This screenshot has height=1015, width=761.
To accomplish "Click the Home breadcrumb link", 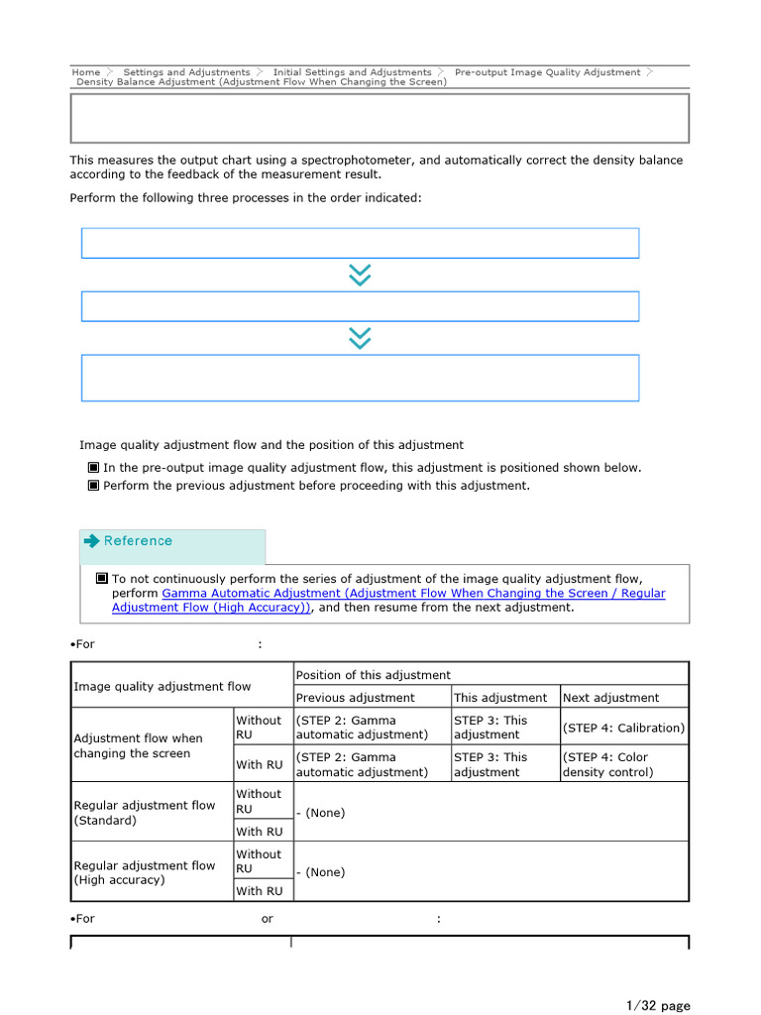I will tap(86, 72).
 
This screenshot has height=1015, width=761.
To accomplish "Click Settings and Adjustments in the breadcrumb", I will tap(186, 72).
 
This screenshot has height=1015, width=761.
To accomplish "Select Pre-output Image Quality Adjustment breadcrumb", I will tap(547, 72).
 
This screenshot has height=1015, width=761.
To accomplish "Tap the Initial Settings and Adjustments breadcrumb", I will tap(352, 72).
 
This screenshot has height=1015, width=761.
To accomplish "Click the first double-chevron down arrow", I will tap(360, 275).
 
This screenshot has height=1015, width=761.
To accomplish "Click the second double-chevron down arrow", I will tap(360, 338).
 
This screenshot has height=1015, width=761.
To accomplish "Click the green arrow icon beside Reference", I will tap(92, 541).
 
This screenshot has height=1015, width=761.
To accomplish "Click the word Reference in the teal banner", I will tap(138, 541).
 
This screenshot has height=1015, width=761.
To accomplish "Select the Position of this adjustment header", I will tap(373, 675).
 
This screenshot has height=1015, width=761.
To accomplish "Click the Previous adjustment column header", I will tap(355, 698).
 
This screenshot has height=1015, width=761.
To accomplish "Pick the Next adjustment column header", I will tap(610, 698).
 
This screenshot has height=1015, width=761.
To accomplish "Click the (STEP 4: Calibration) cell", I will tap(623, 728).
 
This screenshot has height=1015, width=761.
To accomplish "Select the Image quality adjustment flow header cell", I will tap(162, 686).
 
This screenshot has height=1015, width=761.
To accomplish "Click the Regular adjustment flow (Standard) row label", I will tap(144, 813).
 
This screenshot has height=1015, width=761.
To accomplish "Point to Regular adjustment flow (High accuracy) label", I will tap(144, 872).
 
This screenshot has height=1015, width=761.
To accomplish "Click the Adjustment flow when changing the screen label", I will tap(138, 745).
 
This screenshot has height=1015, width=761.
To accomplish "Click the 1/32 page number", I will tap(658, 1006).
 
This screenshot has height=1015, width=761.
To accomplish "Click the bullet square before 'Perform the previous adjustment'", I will tap(93, 486).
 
